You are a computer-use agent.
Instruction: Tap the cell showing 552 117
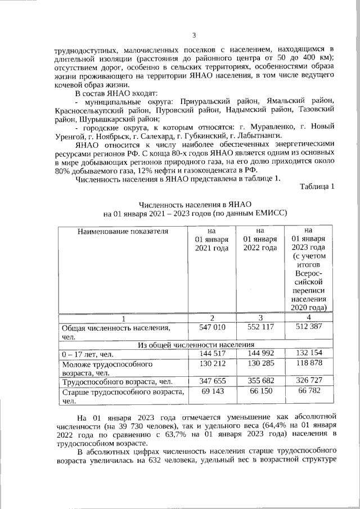pos(260,327)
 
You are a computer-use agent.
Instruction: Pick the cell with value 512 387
pos(309,327)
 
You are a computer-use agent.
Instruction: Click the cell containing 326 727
pos(309,381)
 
